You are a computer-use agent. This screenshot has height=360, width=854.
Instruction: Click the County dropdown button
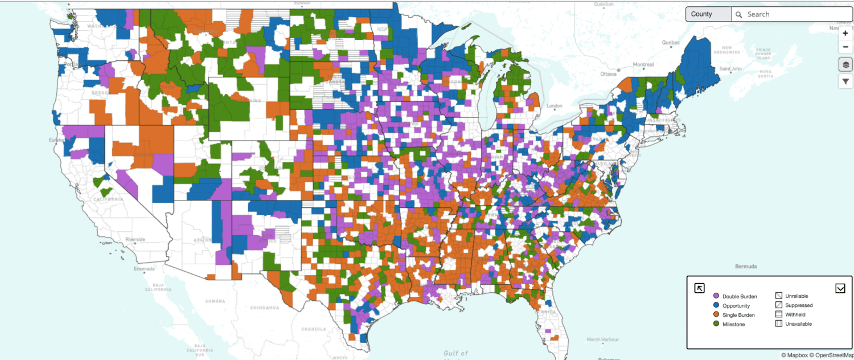pos(708,14)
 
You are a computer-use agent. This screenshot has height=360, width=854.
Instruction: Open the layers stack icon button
pos(845,64)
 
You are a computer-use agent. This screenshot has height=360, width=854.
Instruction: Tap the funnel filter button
pos(845,81)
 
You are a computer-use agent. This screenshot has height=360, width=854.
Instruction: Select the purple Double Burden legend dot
pos(716,296)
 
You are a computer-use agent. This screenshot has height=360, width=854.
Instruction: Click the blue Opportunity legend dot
pos(716,305)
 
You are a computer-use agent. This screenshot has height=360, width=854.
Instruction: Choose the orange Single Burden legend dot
pos(716,314)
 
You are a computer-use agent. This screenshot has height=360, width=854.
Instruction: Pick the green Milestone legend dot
pos(716,324)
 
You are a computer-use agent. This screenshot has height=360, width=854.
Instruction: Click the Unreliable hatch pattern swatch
pos(778,296)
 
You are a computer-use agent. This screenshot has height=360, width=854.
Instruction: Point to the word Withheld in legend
pos(795,314)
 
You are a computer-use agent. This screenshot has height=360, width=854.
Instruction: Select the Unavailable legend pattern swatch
pos(778,324)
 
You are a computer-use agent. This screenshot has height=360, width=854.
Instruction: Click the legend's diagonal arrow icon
pos(700,288)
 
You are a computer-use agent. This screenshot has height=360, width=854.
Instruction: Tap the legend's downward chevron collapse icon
pos(840,288)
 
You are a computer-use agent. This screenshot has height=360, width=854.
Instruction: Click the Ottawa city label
pos(609,74)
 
